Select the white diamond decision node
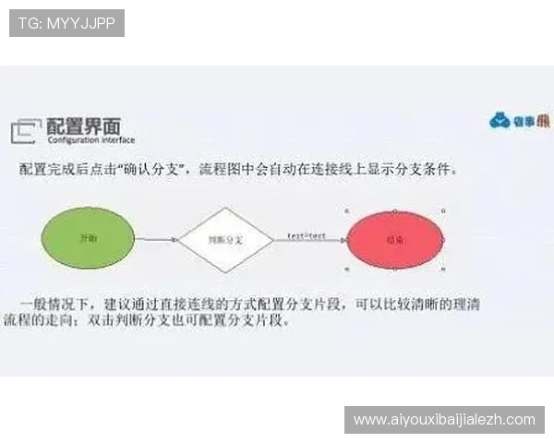tap(225, 239)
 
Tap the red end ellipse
tap(395, 239)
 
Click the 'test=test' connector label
tap(306, 236)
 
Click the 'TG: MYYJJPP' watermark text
tap(66, 22)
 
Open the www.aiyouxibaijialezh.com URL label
tap(444, 420)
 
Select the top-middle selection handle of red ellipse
tap(395, 210)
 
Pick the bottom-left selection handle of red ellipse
tap(347, 269)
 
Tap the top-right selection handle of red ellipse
tap(444, 210)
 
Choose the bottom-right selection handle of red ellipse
tap(444, 269)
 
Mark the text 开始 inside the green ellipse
tap(89, 238)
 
